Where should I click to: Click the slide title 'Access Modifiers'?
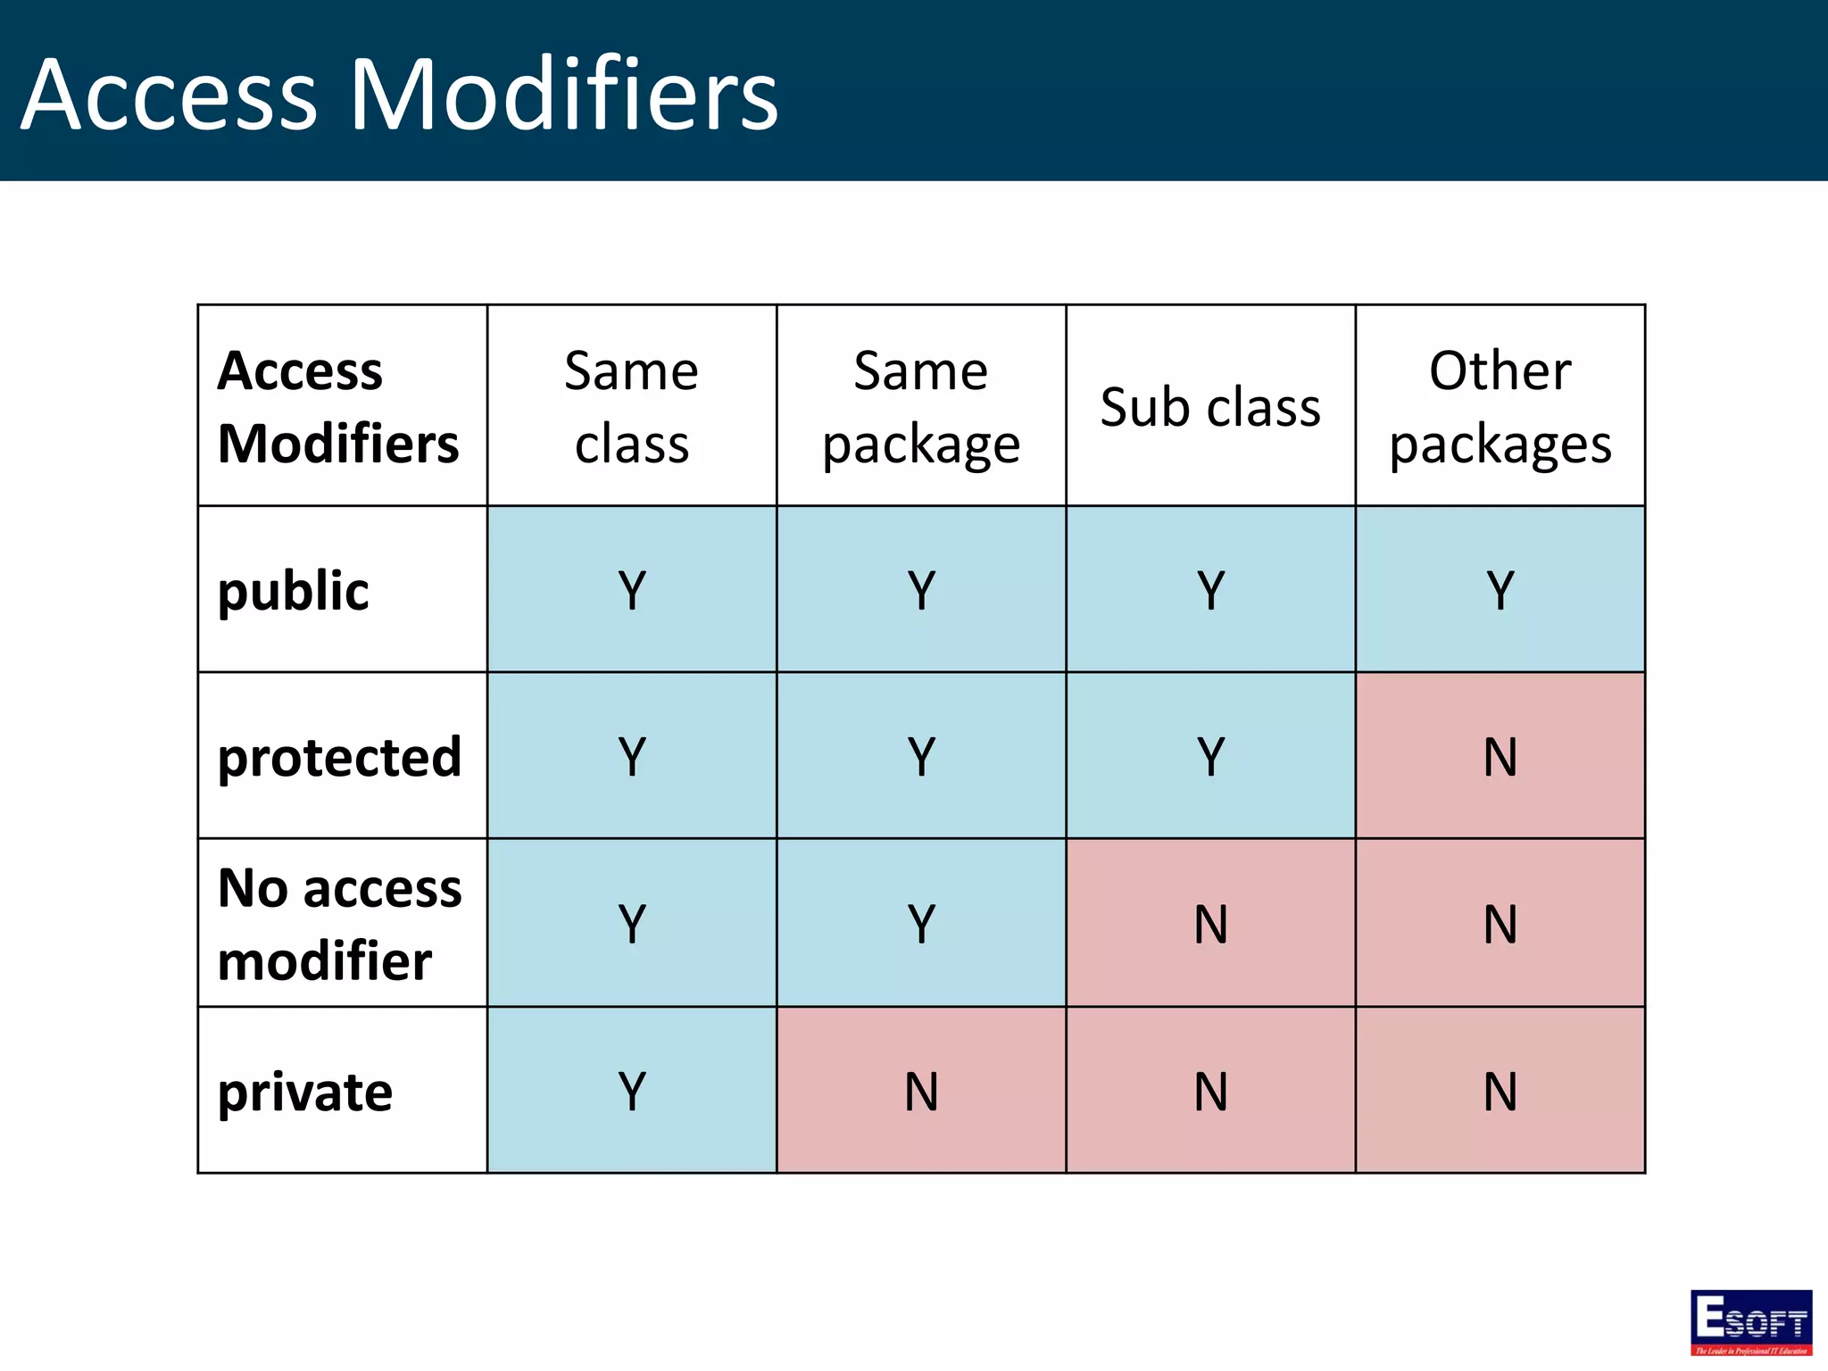pos(399,95)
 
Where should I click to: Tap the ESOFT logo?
pos(1750,1322)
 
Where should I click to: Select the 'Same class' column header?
pos(631,407)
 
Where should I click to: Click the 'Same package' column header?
pos(921,407)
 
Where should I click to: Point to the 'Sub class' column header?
pos(1210,408)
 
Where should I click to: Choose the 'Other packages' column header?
pos(1500,407)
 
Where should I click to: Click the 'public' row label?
pos(294,591)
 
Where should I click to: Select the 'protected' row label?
pos(340,757)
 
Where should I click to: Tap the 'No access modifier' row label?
pos(340,924)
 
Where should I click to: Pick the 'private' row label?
pos(305,1092)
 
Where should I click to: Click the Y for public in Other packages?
pos(1500,591)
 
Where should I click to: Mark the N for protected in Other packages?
pos(1500,757)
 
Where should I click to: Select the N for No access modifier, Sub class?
pos(1210,924)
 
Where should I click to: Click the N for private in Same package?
pos(921,1092)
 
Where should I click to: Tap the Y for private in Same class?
pos(631,1092)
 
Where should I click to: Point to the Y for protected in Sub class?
pos(1210,757)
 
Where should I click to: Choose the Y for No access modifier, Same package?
pos(921,924)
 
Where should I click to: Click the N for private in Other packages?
pos(1500,1092)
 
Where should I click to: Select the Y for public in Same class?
pos(631,591)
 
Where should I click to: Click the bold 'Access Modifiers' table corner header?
pos(338,407)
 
